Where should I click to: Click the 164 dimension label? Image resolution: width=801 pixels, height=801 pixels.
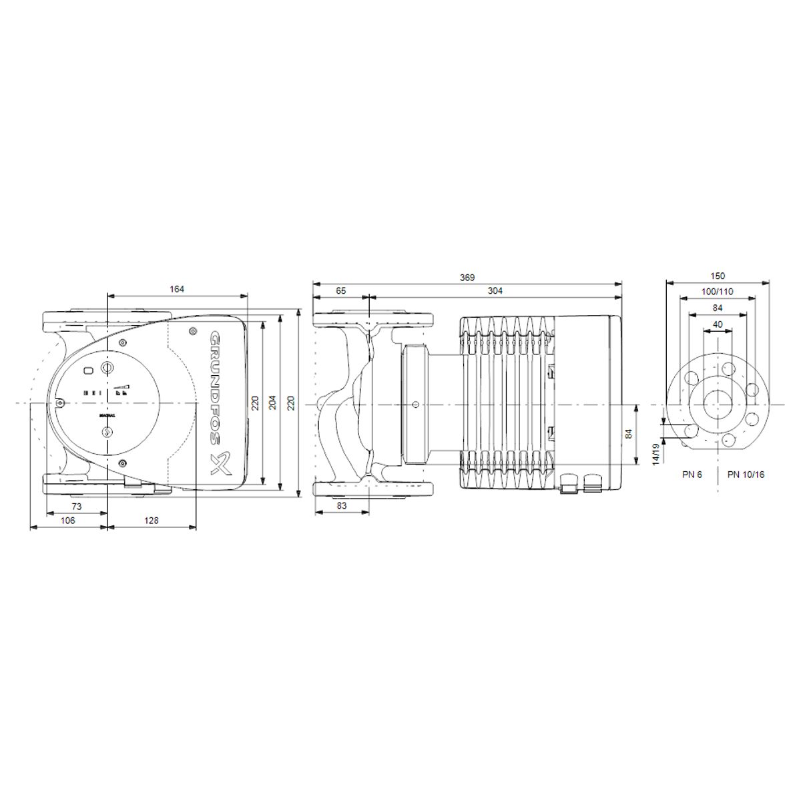(x=177, y=289)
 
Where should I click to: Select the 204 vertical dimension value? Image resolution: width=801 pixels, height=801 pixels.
(x=273, y=403)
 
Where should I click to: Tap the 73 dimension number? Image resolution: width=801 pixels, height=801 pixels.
(x=77, y=506)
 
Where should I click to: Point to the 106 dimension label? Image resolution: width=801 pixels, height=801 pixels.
(x=68, y=521)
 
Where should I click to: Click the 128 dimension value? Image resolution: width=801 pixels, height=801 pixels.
(x=152, y=521)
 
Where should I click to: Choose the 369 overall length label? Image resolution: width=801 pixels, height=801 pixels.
(x=467, y=277)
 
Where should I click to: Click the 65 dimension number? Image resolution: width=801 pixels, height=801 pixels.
(x=341, y=290)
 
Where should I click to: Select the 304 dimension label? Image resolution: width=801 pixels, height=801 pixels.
(x=495, y=290)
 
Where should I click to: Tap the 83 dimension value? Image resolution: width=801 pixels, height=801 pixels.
(x=342, y=506)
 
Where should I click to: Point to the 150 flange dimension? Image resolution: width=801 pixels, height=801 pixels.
(x=718, y=276)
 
